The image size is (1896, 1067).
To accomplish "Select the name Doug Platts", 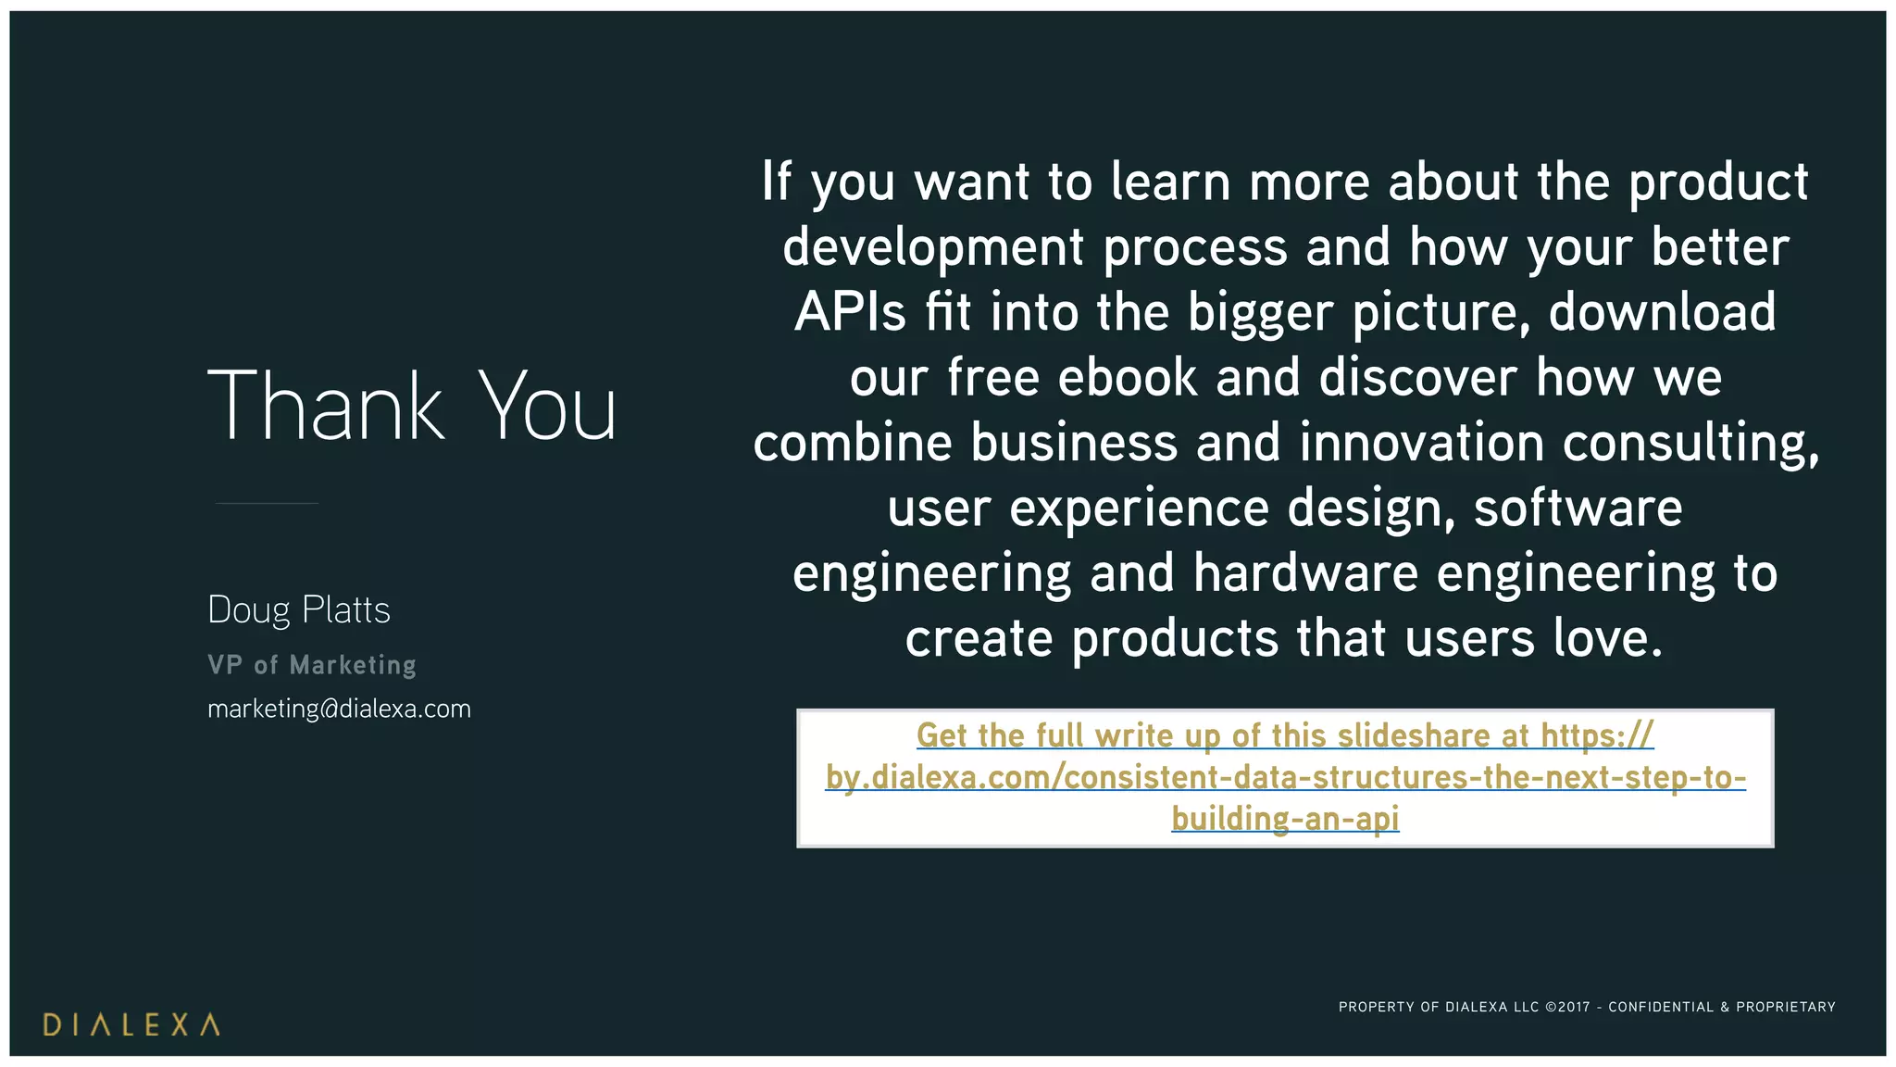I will (299, 610).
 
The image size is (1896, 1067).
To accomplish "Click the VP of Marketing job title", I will (312, 665).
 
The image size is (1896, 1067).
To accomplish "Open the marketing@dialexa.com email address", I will (339, 709).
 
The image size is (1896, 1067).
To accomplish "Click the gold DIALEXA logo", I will (131, 1024).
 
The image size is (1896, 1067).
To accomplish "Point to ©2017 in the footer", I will (1567, 1007).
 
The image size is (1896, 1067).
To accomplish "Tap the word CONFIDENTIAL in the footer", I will (1662, 1007).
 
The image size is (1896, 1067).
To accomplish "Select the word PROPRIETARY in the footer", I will (1786, 1007).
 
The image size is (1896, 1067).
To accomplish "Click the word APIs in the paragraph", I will (850, 312).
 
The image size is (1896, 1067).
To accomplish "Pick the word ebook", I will (1128, 378).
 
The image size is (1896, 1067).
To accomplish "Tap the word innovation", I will (1422, 443).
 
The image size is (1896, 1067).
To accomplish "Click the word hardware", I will (1305, 573).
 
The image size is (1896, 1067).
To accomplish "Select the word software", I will (1578, 508).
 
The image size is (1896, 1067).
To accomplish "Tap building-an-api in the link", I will (1285, 819).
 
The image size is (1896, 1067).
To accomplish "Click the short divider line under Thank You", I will (267, 503).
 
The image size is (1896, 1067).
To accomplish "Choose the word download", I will (1662, 312).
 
